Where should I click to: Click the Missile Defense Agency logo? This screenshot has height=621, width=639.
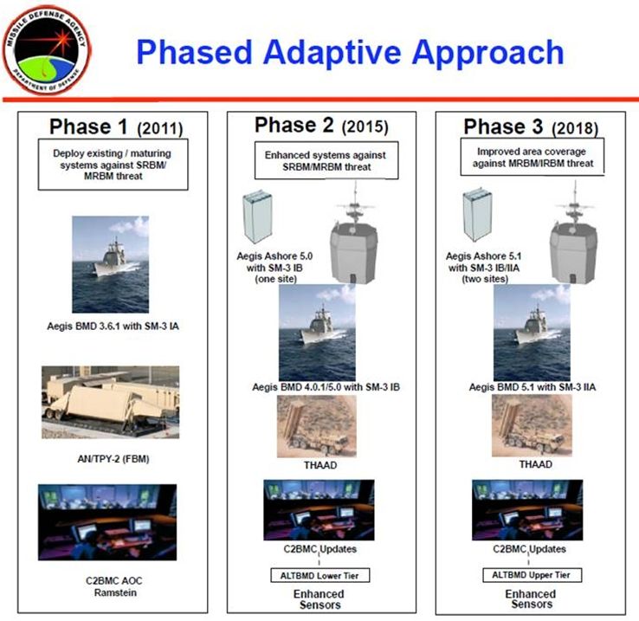pos(47,50)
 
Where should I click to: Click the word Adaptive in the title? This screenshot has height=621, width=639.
pos(332,53)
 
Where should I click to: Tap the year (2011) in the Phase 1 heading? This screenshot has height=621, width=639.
pos(159,128)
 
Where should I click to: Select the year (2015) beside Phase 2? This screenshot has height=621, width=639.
pos(365,126)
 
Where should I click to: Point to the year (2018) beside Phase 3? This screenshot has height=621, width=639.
pos(575,128)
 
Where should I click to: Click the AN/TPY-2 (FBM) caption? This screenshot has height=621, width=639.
pos(113,459)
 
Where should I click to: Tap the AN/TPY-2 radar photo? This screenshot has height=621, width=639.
pos(111,402)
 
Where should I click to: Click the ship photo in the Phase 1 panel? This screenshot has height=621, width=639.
pos(111,264)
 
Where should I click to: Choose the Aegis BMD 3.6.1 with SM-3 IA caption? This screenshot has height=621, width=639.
pos(113,327)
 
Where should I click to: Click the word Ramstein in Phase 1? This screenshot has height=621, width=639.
pos(115,592)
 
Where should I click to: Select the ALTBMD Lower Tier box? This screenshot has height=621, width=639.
pos(319,575)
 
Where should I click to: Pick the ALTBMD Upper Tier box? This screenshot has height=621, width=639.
pos(532,575)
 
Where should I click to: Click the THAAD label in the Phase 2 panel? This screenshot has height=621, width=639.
pos(320,465)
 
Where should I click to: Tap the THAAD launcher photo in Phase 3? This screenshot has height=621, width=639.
pos(532,425)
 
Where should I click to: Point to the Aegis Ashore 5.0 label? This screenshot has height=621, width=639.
pos(274,256)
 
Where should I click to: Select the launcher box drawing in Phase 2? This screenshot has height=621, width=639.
pos(257,217)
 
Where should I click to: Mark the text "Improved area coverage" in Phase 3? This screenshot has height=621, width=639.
pos(532,152)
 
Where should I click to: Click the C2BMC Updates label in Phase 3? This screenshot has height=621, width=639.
pos(529,549)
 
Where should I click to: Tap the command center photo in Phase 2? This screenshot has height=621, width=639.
pos(319,510)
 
